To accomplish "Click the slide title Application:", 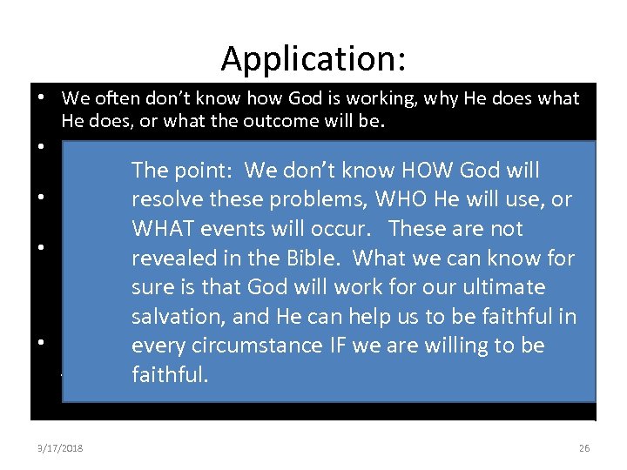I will click(x=313, y=58).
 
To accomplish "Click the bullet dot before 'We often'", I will click(x=42, y=98).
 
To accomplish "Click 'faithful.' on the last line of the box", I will click(x=170, y=375).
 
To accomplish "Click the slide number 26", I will click(x=583, y=448).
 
